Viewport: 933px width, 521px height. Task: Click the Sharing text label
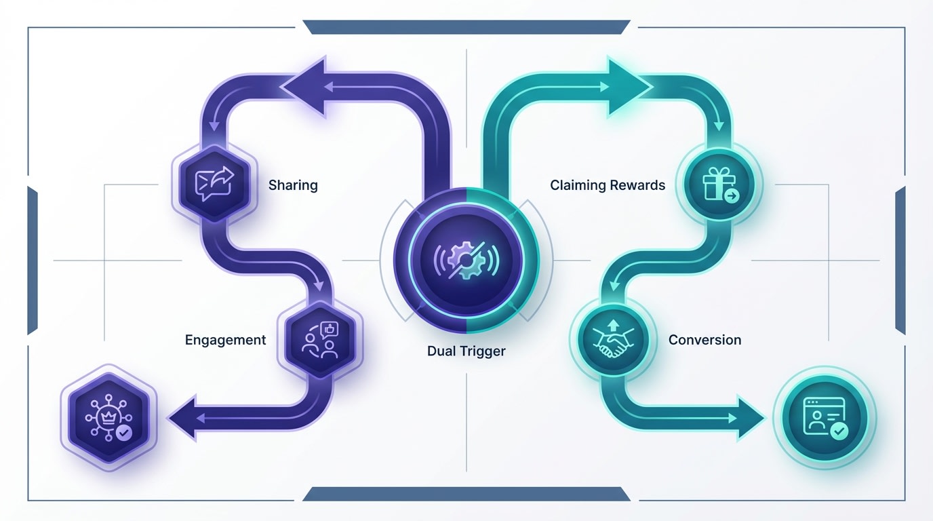coord(293,185)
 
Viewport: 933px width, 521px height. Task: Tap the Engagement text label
coord(225,340)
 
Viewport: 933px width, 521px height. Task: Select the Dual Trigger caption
coord(466,351)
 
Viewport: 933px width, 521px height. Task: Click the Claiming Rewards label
coord(608,185)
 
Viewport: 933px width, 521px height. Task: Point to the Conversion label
coord(704,340)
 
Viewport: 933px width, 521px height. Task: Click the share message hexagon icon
coord(214,183)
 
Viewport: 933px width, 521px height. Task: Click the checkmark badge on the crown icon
coord(124,432)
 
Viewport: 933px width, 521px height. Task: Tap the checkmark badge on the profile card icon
coord(839,431)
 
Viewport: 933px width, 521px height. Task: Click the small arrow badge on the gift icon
coord(732,197)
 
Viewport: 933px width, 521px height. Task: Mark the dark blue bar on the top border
coord(466,27)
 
